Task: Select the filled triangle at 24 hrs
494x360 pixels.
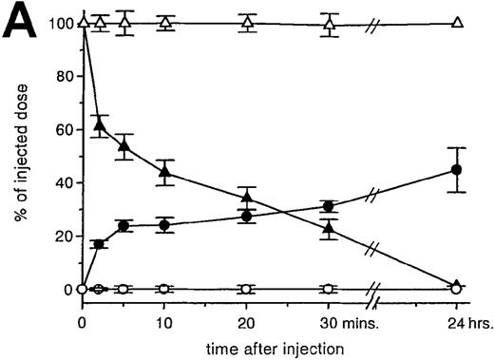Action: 457,285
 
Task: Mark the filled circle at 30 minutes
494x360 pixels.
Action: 329,206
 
